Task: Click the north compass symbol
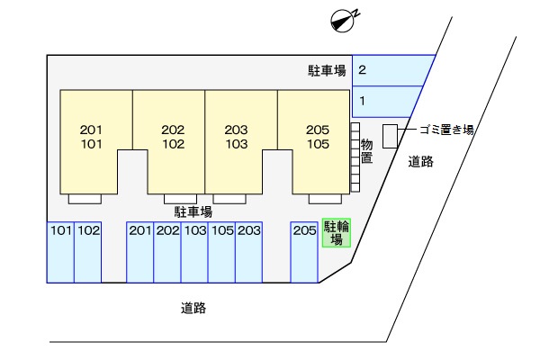click(342, 21)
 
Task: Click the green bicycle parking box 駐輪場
click(337, 232)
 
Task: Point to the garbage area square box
click(391, 137)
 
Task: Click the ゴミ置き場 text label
click(446, 130)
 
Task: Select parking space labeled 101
click(60, 252)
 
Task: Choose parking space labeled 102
click(88, 252)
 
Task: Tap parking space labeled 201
click(140, 252)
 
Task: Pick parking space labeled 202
click(167, 252)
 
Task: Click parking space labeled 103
click(194, 252)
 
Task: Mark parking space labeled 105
click(221, 252)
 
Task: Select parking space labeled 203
click(249, 252)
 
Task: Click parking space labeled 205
click(304, 252)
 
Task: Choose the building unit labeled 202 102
click(173, 137)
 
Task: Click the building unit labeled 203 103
click(237, 137)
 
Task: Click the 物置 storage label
click(367, 151)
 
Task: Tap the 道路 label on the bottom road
click(193, 308)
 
